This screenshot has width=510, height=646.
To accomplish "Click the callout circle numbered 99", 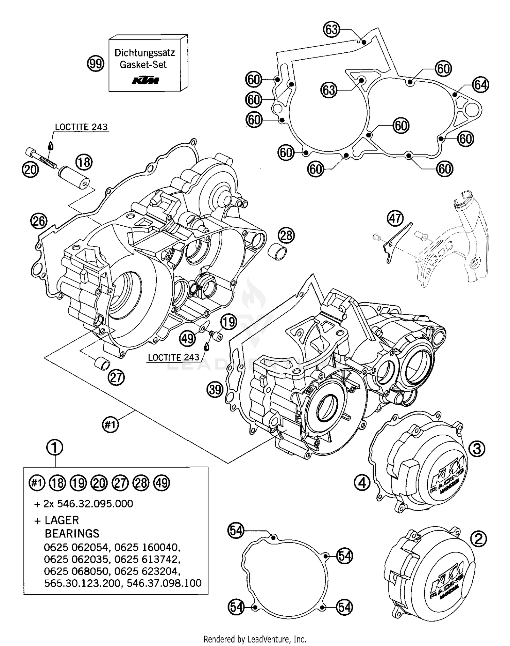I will click(x=96, y=64).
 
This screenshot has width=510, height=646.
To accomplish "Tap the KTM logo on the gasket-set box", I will click(x=146, y=81).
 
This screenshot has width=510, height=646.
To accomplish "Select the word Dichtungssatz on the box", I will click(x=144, y=53).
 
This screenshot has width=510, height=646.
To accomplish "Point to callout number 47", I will click(x=395, y=218).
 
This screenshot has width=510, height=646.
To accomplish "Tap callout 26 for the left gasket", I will click(x=38, y=221).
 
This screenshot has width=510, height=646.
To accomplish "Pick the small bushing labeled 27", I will click(x=102, y=363).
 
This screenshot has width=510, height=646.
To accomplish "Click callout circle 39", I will click(x=215, y=389).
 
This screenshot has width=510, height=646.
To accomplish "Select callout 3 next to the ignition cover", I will click(x=477, y=449).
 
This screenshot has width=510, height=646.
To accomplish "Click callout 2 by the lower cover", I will click(x=478, y=539).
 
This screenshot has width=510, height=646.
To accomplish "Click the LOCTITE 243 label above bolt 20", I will click(x=81, y=127).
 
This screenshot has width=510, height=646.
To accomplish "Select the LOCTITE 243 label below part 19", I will click(x=174, y=357).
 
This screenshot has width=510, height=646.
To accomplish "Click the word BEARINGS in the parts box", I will click(x=72, y=533).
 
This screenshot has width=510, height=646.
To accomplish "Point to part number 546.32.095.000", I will click(x=95, y=503).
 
